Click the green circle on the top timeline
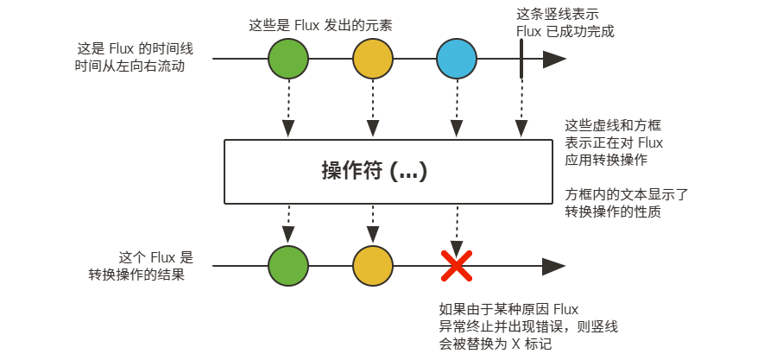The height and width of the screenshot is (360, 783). [288, 60]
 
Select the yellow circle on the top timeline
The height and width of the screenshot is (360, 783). [373, 60]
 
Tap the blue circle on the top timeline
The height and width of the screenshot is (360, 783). [457, 60]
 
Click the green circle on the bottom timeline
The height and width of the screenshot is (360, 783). [288, 267]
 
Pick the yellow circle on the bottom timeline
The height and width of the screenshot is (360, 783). [373, 267]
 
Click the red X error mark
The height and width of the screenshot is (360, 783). [457, 267]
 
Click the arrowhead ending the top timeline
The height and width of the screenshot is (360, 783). [554, 60]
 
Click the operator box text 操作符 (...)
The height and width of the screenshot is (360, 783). [375, 171]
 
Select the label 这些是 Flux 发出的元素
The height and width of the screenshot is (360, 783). [319, 26]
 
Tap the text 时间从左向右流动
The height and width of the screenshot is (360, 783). [130, 66]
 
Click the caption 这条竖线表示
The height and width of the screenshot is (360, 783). [557, 15]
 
